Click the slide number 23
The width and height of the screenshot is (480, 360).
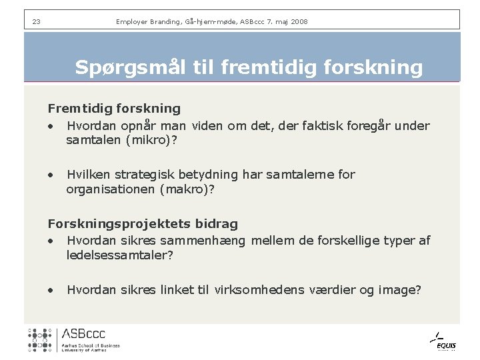point(36,22)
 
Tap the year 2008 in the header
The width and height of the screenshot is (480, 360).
point(298,22)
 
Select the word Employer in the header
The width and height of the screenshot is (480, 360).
point(133,22)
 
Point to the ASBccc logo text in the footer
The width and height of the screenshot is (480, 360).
point(83,334)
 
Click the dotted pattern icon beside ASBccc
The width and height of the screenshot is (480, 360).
point(40,339)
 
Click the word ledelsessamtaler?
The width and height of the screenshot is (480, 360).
point(120,255)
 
